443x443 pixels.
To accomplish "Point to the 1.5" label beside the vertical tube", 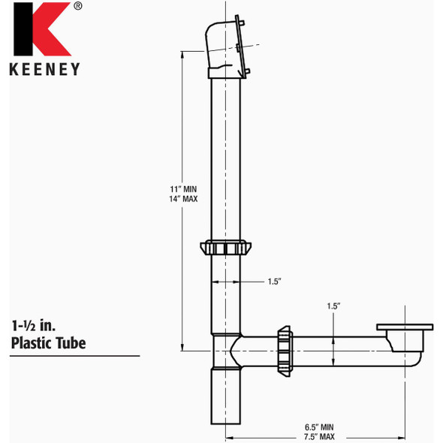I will (x=273, y=282).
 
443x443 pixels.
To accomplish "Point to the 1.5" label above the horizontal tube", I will (x=333, y=306).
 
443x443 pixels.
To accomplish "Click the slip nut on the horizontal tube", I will (x=285, y=349).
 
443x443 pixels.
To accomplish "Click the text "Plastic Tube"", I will (x=48, y=343).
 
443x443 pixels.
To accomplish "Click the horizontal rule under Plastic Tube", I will (x=75, y=355).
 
